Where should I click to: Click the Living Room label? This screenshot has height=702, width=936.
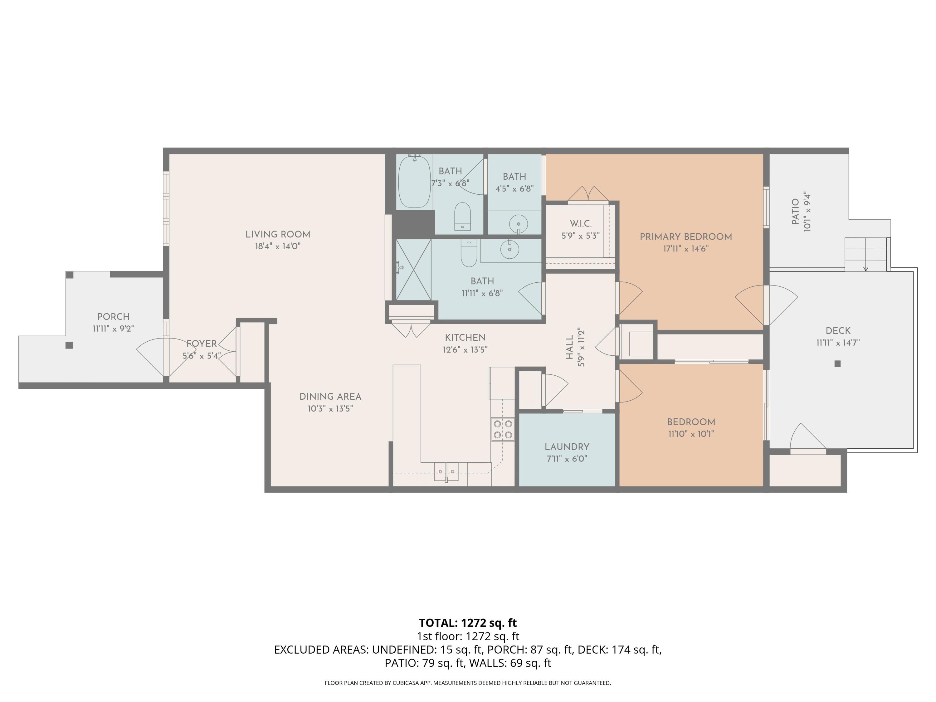278,234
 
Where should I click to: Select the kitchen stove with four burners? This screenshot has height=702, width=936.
503,429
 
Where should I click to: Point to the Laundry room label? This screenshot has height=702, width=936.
567,447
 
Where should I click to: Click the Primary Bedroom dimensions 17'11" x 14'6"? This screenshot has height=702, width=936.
685,248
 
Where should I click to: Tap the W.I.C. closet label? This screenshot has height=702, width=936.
581,224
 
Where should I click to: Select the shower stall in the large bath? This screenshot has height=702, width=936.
413,270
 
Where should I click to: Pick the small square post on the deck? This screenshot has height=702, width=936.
837,363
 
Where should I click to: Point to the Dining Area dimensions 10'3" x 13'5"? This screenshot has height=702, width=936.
330,409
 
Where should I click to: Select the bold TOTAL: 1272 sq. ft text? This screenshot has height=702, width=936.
468,623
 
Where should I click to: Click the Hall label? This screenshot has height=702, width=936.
569,347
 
